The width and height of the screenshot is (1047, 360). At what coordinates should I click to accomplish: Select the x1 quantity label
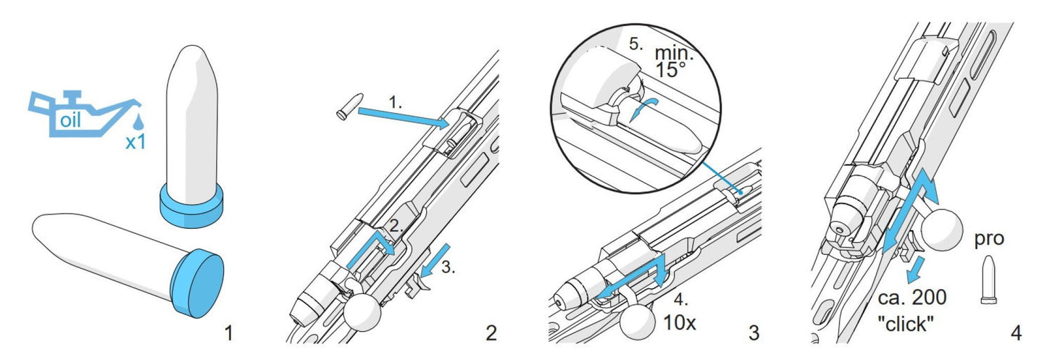point(135,142)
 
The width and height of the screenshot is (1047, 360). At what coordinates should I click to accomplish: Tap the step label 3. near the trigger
point(449,268)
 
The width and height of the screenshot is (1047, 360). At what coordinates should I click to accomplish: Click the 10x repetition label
point(679,323)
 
